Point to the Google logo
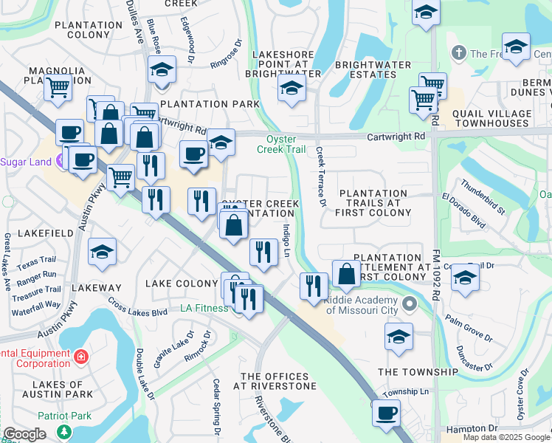[x=24, y=434]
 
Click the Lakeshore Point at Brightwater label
[x=287, y=64]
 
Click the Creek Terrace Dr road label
[x=321, y=175]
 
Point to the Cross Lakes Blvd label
[x=138, y=306]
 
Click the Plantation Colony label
[x=89, y=30]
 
